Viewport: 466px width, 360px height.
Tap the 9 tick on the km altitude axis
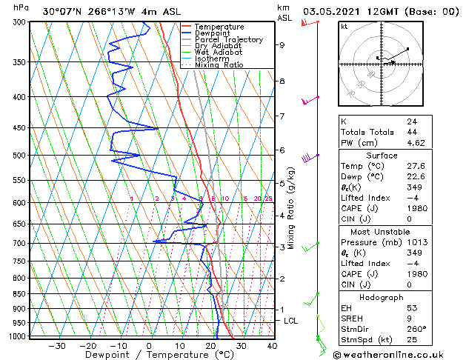[x=282, y=45]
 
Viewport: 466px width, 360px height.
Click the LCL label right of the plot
[x=291, y=321]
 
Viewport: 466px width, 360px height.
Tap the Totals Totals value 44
[x=412, y=132]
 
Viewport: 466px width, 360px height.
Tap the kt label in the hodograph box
[x=344, y=26]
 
